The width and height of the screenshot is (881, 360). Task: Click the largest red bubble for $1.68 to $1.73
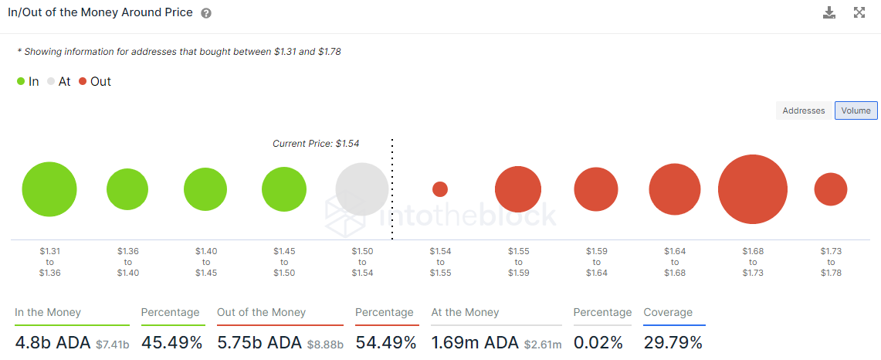click(752, 189)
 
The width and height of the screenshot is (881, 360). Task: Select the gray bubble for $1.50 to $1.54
click(362, 189)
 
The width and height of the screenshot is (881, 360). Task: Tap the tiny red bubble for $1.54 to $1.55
click(440, 189)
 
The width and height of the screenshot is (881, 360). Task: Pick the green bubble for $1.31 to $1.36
click(49, 189)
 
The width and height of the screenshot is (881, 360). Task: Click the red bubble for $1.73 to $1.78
click(831, 189)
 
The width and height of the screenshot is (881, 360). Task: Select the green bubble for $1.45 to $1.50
click(283, 189)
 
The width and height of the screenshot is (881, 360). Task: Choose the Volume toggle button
click(856, 110)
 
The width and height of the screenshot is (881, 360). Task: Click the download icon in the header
click(829, 12)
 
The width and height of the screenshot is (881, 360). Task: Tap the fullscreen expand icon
click(859, 12)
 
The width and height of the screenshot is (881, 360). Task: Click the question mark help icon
click(206, 13)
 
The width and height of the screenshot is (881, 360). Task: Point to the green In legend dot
click(21, 82)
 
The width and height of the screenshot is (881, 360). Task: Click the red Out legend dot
click(83, 82)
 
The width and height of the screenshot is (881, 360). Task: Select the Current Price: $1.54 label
click(316, 144)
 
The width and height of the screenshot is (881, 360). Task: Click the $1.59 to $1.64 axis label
click(596, 262)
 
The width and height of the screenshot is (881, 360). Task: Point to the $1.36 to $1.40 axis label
click(127, 262)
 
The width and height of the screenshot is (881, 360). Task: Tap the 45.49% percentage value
click(171, 342)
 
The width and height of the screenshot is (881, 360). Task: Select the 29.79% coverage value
click(673, 342)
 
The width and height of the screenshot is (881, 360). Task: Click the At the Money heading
click(466, 312)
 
